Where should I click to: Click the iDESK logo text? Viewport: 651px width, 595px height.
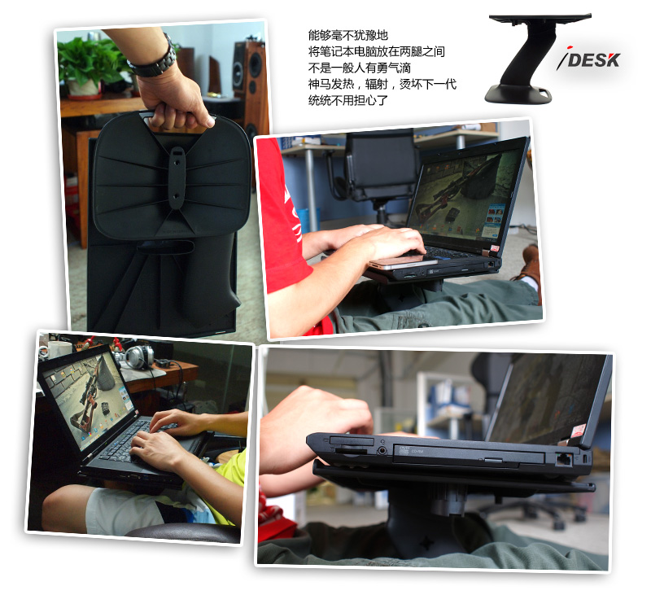(588, 60)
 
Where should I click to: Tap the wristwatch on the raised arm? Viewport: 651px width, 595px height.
(154, 60)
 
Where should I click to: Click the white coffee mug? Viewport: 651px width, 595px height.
(57, 349)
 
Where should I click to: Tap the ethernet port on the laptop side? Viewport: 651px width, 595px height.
(563, 459)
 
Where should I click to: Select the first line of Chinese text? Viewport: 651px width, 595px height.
(348, 34)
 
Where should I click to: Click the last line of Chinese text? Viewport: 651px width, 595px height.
(348, 100)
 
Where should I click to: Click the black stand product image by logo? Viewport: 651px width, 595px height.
(538, 58)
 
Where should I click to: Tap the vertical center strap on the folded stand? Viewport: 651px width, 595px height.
(177, 177)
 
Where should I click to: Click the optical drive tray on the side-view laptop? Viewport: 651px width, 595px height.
(469, 455)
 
